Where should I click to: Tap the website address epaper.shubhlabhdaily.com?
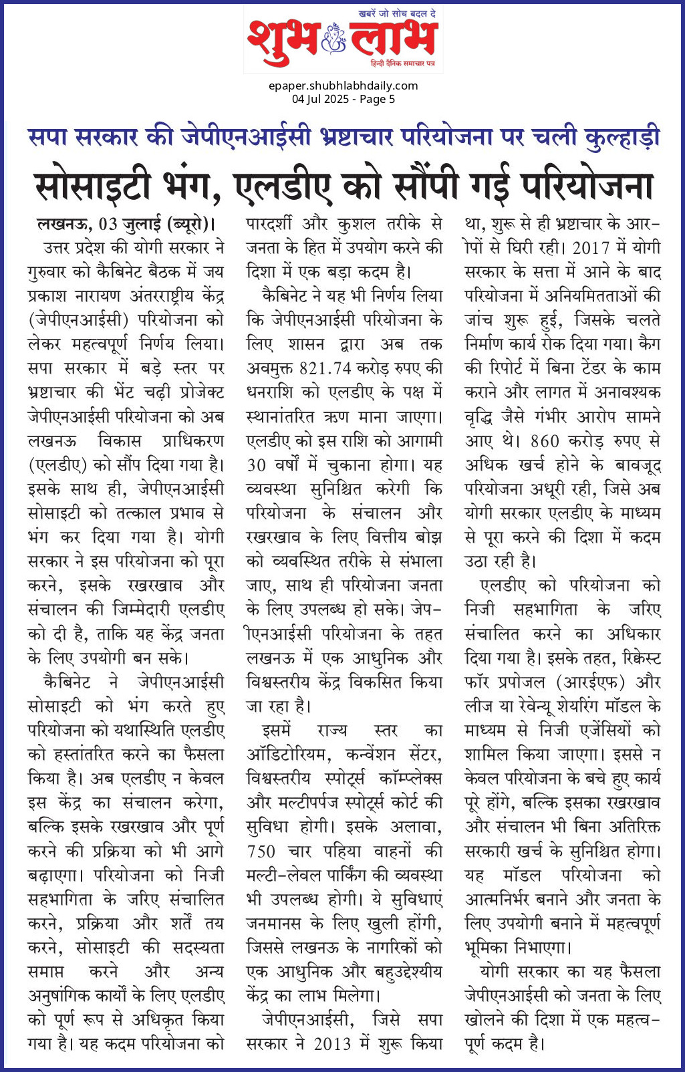coord(343,86)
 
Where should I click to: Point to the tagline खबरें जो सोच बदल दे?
coord(397,13)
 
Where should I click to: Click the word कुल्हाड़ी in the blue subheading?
coord(622,136)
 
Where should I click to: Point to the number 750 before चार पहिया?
coord(261,851)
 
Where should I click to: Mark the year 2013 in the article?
coord(332,1044)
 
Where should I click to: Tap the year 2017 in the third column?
coord(591,247)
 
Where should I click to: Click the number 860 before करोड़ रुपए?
coord(545,440)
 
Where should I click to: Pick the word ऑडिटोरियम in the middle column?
coord(289,755)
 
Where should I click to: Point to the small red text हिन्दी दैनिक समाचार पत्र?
coord(403,62)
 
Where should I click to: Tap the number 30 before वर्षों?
coord(257,464)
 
